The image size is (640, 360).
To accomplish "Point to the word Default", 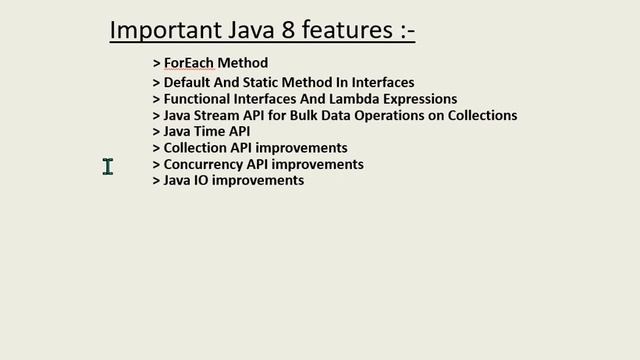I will [x=189, y=83].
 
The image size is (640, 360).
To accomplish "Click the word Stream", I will [x=220, y=115].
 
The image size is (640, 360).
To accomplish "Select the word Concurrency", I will [x=204, y=164].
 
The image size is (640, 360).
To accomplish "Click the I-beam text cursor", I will [x=108, y=167].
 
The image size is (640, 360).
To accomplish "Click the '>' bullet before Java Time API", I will [x=156, y=131].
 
